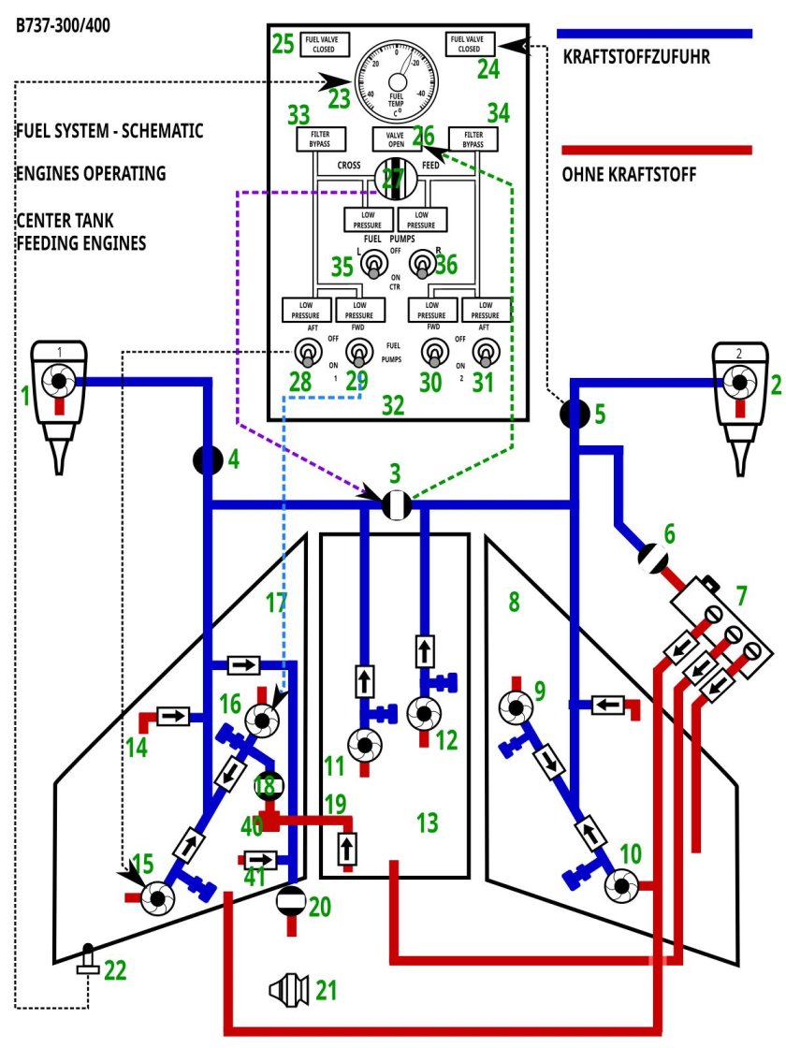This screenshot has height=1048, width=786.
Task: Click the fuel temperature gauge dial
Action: coord(396,78)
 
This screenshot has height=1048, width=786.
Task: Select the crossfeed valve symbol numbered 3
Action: coord(397,505)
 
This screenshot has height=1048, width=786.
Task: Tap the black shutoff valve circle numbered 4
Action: coord(208,459)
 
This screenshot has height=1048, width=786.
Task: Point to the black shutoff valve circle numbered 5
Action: coord(574,413)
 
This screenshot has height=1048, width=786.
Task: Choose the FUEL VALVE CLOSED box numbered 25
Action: coord(324,44)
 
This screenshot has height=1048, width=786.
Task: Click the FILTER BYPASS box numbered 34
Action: coord(473,138)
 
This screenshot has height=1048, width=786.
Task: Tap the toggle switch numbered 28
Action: coord(306,354)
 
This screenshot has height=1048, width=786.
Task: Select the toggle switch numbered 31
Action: coord(485,354)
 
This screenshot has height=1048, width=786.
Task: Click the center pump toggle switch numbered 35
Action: coord(373,268)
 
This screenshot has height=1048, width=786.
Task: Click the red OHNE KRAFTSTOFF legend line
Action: coord(656,150)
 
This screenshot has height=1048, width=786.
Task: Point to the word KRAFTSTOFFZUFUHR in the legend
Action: coord(636,57)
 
